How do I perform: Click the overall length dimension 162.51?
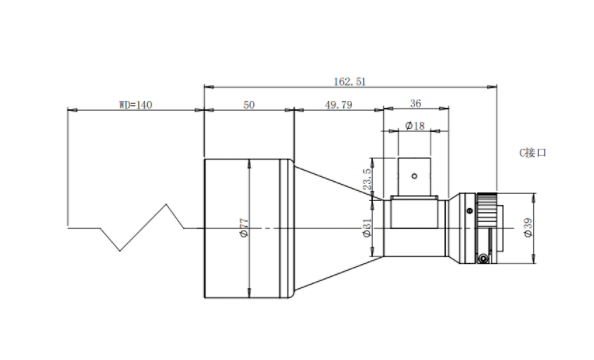tap(350, 82)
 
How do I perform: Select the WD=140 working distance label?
tap(136, 105)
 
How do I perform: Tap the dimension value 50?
tap(249, 105)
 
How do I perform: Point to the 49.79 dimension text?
tap(339, 105)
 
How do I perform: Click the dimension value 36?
tap(416, 103)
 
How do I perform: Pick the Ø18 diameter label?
tap(415, 126)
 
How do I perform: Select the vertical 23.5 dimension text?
tap(367, 179)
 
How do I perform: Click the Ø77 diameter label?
tap(244, 228)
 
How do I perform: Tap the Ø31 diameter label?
tap(367, 228)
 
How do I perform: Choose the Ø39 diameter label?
tap(528, 227)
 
